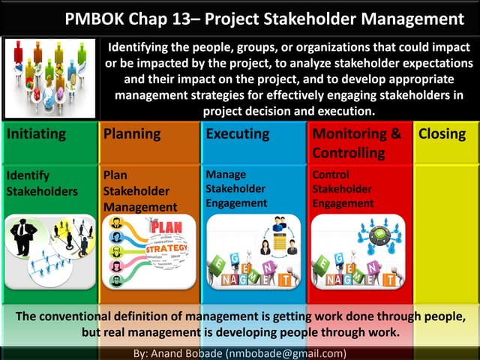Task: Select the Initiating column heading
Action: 36,134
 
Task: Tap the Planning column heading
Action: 132,134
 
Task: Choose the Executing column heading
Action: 237,134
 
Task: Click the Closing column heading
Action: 442,134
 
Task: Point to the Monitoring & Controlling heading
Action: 356,143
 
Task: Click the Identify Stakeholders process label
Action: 41,183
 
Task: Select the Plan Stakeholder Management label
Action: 140,190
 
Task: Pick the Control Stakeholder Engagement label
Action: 342,188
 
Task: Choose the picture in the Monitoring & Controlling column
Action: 357,251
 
